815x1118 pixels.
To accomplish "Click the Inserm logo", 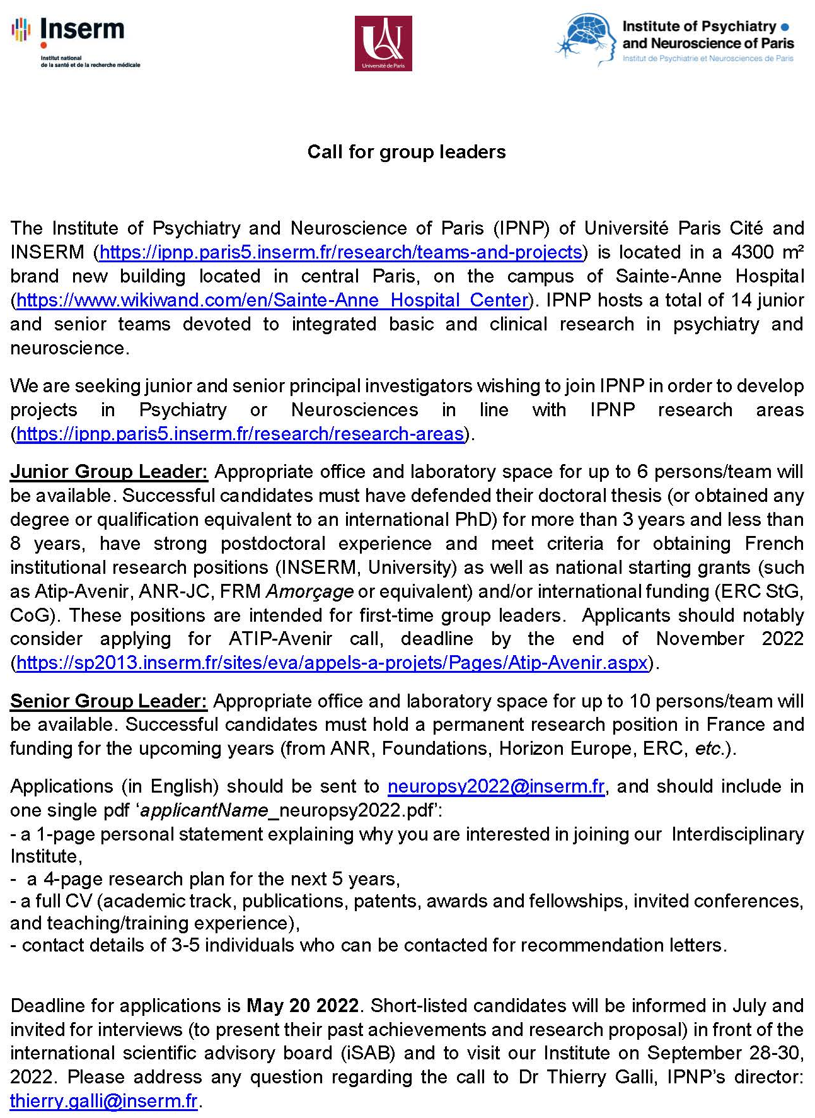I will (75, 42).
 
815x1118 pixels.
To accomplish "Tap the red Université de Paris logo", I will (383, 44).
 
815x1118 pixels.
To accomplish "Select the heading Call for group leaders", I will (407, 152).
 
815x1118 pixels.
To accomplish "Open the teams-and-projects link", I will (340, 252).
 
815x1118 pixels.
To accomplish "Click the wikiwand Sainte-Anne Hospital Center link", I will (272, 300).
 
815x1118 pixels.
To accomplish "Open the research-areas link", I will (240, 434).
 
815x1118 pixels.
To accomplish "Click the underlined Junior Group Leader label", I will (108, 472).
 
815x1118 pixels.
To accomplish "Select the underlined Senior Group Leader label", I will (108, 701).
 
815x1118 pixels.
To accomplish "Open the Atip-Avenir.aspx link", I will (332, 663).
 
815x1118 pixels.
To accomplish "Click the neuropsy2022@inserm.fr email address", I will (496, 786).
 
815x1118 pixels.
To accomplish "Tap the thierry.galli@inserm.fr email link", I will (104, 1101).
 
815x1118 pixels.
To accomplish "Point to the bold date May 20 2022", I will (303, 1005).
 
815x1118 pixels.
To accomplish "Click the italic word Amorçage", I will (309, 591).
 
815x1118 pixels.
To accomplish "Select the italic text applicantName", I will (204, 810).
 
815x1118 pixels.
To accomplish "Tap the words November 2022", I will (729, 639).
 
